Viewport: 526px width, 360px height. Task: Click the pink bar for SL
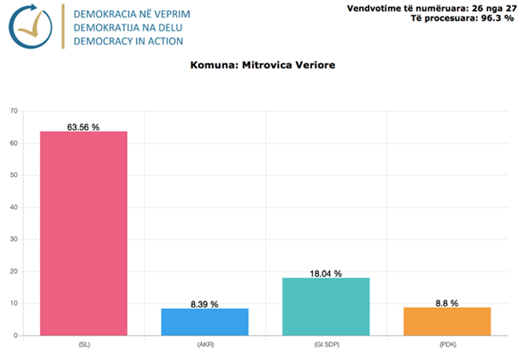84,233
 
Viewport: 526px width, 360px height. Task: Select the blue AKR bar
204,322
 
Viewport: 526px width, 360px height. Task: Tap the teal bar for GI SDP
326,306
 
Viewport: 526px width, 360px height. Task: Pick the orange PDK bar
447,321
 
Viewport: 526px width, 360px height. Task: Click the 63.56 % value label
83,127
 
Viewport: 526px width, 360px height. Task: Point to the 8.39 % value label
204,304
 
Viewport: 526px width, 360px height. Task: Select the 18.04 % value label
326,274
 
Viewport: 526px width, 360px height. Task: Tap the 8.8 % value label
447,303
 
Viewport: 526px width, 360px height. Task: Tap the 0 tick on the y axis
16,335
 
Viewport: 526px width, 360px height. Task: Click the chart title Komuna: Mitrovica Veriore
262,65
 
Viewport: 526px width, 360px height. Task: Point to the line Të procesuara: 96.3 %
459,18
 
